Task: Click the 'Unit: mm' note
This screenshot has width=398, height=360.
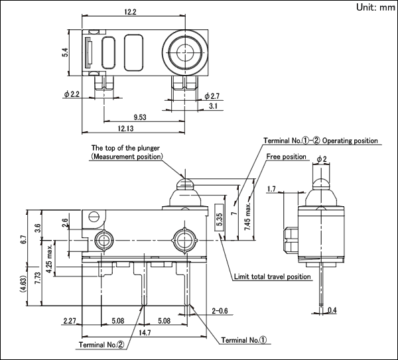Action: [375, 7]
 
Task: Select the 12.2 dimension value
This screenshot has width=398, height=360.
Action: [130, 12]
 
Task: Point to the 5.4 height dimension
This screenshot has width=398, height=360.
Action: [65, 52]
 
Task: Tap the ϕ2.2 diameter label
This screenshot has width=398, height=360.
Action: [72, 94]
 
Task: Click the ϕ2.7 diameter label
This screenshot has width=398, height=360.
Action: [212, 96]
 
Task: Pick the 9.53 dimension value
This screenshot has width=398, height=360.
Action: [140, 117]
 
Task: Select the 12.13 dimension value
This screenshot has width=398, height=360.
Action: [125, 129]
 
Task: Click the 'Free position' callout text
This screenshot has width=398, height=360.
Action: [286, 156]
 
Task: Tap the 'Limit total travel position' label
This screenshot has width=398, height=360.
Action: [272, 276]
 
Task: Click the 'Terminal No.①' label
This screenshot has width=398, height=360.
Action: [244, 340]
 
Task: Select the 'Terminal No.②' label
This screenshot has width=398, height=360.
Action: [101, 345]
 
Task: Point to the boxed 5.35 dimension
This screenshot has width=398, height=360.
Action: [220, 217]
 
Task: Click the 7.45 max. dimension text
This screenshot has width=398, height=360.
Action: [247, 216]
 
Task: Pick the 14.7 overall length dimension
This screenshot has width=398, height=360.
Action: [145, 333]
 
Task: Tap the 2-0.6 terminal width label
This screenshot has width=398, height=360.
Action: [220, 311]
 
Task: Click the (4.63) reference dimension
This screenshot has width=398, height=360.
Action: [23, 284]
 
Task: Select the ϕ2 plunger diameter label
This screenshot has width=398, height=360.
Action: [322, 159]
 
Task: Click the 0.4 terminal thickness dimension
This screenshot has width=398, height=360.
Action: [332, 310]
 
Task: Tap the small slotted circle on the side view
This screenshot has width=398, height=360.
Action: [93, 216]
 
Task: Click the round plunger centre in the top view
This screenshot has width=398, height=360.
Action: [185, 52]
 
